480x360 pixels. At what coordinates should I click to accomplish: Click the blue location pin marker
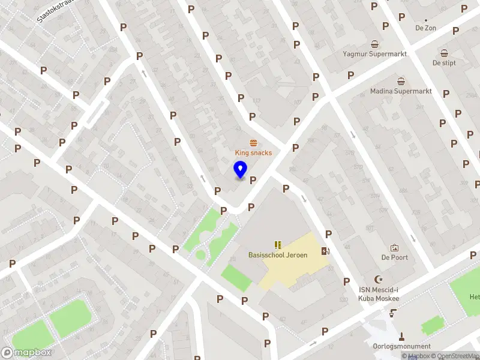241,170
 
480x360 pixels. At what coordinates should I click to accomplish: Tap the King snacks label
253,152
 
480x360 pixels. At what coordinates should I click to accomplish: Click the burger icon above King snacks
253,142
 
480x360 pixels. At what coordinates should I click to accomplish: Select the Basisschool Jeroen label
278,255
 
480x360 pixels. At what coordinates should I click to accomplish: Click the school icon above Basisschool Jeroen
278,245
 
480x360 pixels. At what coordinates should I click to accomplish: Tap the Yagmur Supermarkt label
374,54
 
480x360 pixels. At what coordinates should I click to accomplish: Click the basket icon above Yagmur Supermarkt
375,44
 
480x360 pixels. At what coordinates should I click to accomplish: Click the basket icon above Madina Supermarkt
400,81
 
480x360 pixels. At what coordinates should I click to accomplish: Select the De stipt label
444,63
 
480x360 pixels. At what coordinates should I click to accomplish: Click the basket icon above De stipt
444,53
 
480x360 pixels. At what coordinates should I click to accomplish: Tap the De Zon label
425,28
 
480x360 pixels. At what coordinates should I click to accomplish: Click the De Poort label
394,258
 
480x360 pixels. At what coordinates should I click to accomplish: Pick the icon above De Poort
394,248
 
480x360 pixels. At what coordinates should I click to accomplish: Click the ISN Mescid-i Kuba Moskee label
378,293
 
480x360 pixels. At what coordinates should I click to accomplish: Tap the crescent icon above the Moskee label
378,279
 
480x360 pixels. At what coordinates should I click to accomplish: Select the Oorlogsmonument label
401,346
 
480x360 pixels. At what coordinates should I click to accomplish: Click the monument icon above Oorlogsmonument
401,336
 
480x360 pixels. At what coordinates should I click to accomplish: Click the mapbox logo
26,353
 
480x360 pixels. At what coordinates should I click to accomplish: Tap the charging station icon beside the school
325,251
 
